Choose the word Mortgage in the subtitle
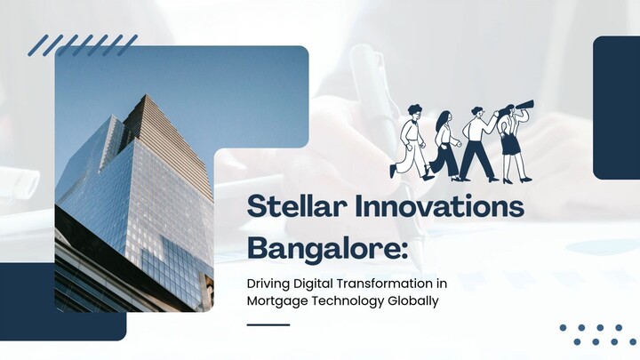[276, 300]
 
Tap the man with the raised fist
[476, 142]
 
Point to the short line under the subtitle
[268, 324]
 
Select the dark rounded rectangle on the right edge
[617, 108]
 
